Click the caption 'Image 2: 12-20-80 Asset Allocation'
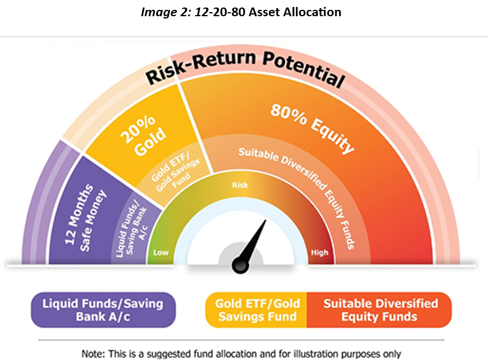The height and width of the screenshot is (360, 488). click(241, 12)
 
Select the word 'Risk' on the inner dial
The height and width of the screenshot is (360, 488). click(240, 185)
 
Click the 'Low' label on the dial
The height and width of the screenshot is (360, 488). click(161, 252)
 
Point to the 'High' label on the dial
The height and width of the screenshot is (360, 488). click(320, 252)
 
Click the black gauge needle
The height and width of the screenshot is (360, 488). click(251, 244)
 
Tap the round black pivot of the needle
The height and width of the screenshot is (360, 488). click(241, 266)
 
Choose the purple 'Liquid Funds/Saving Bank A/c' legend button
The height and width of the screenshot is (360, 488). click(103, 310)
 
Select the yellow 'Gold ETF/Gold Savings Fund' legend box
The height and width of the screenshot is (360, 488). click(256, 310)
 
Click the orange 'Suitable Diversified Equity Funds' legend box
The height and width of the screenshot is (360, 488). click(379, 310)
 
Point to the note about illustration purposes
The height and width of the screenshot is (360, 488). click(241, 354)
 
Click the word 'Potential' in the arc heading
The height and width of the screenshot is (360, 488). click(304, 68)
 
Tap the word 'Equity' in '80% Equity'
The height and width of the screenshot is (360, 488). click(332, 136)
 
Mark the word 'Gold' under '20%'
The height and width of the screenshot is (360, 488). click(150, 142)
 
